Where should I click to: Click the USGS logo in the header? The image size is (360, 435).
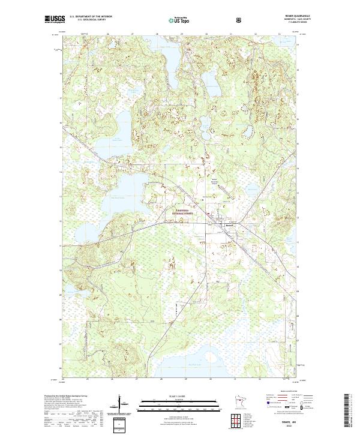click(x=55, y=20)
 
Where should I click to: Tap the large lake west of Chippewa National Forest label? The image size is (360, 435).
click(x=129, y=186)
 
